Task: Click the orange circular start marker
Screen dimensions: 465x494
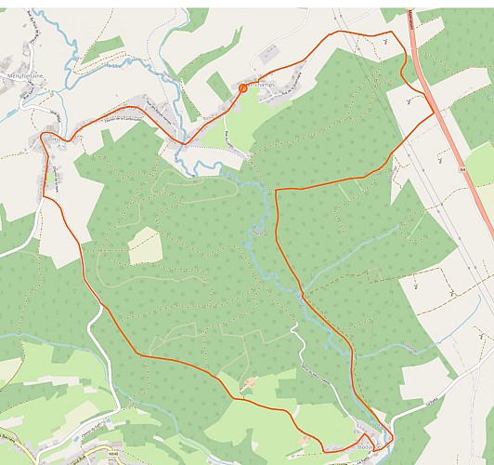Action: click(242, 88)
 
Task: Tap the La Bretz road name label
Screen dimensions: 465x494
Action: click(425, 401)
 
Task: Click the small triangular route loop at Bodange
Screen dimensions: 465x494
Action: click(370, 443)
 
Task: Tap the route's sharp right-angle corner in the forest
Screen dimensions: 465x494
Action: click(276, 190)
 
